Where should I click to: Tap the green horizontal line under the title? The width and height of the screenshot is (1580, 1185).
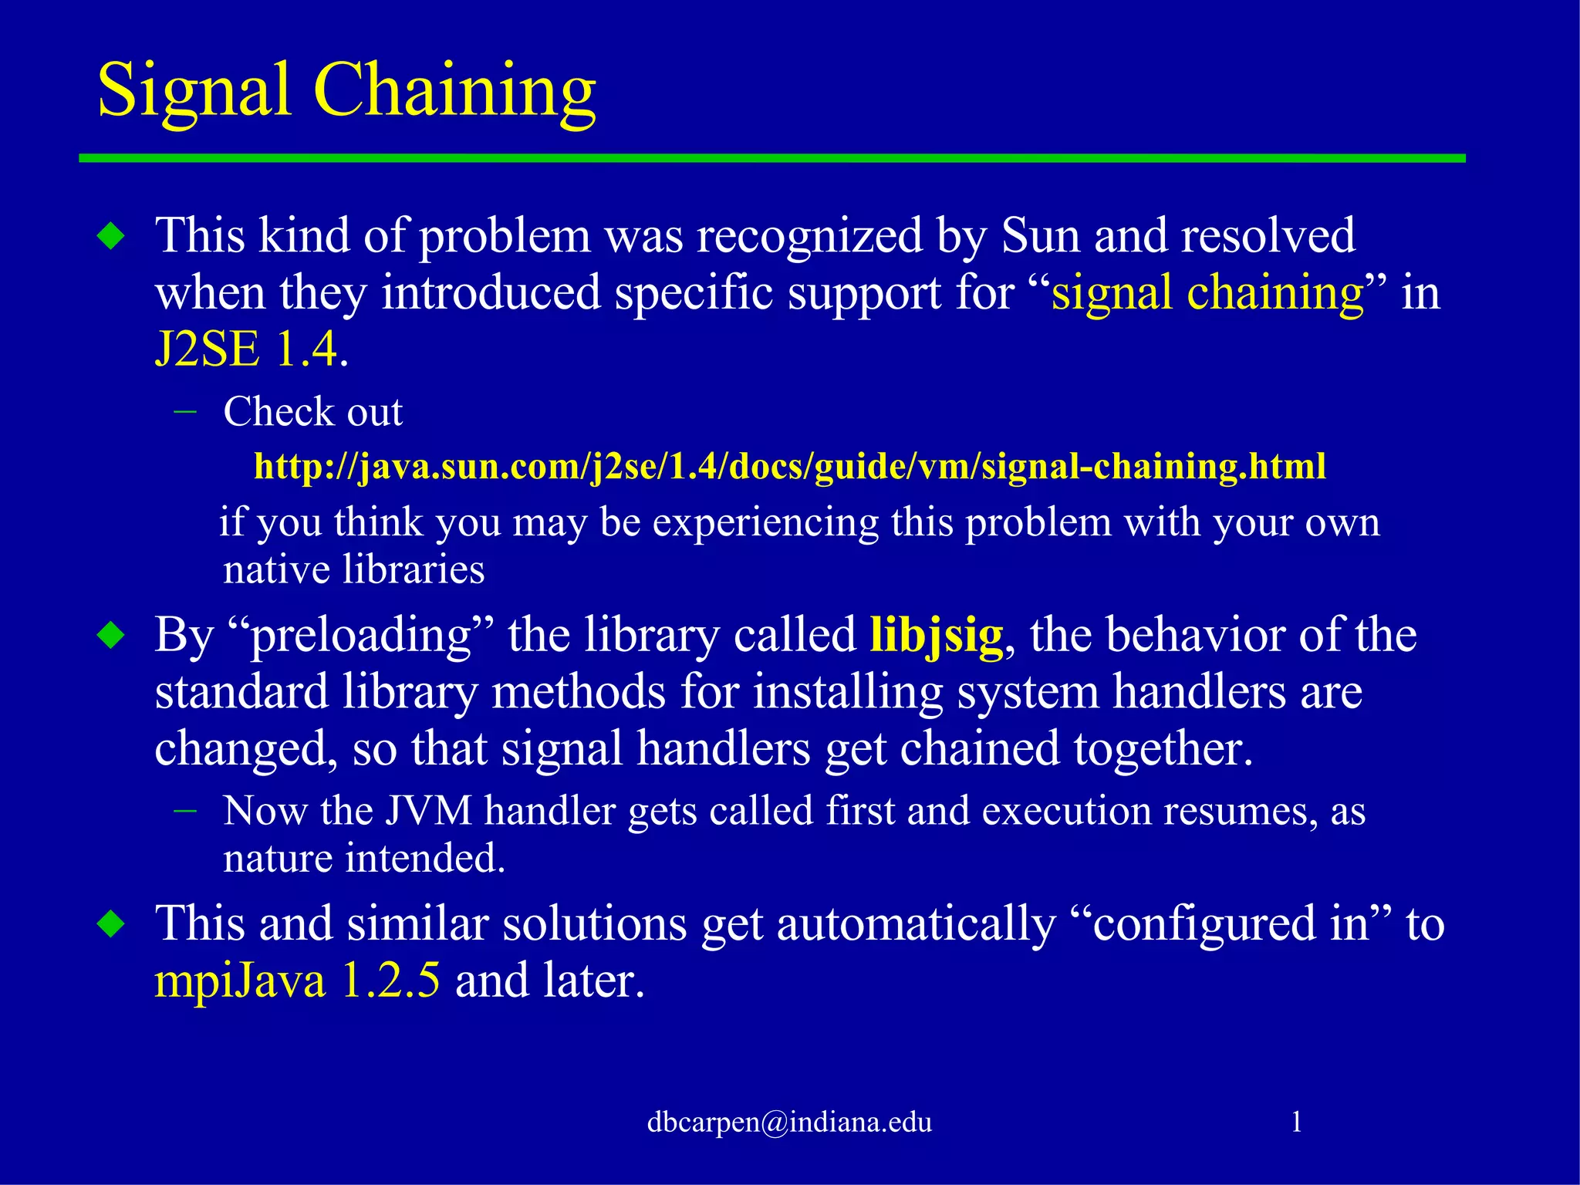[x=771, y=158]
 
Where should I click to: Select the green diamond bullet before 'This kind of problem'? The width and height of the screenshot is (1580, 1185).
[x=112, y=236]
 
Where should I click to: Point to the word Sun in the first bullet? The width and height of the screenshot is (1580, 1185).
[x=1040, y=235]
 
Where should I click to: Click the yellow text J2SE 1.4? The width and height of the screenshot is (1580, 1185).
[x=245, y=349]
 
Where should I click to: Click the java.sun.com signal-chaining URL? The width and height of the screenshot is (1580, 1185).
[x=789, y=467]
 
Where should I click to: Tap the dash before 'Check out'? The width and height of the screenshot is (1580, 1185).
[x=185, y=411]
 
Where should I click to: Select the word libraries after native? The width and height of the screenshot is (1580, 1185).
[x=413, y=570]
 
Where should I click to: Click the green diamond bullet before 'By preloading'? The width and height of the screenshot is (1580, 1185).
[x=112, y=636]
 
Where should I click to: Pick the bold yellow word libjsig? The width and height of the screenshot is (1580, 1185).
[x=936, y=636]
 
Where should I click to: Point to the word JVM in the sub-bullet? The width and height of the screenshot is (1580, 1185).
[x=428, y=812]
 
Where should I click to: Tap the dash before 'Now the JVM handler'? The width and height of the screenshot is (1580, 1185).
[x=185, y=811]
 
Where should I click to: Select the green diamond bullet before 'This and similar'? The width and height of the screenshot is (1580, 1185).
[x=112, y=923]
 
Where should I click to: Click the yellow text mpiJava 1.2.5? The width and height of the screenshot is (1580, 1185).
[x=297, y=981]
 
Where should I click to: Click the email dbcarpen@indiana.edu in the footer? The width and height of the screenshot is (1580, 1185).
[x=789, y=1122]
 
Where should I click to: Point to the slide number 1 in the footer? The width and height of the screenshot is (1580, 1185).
[x=1296, y=1122]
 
